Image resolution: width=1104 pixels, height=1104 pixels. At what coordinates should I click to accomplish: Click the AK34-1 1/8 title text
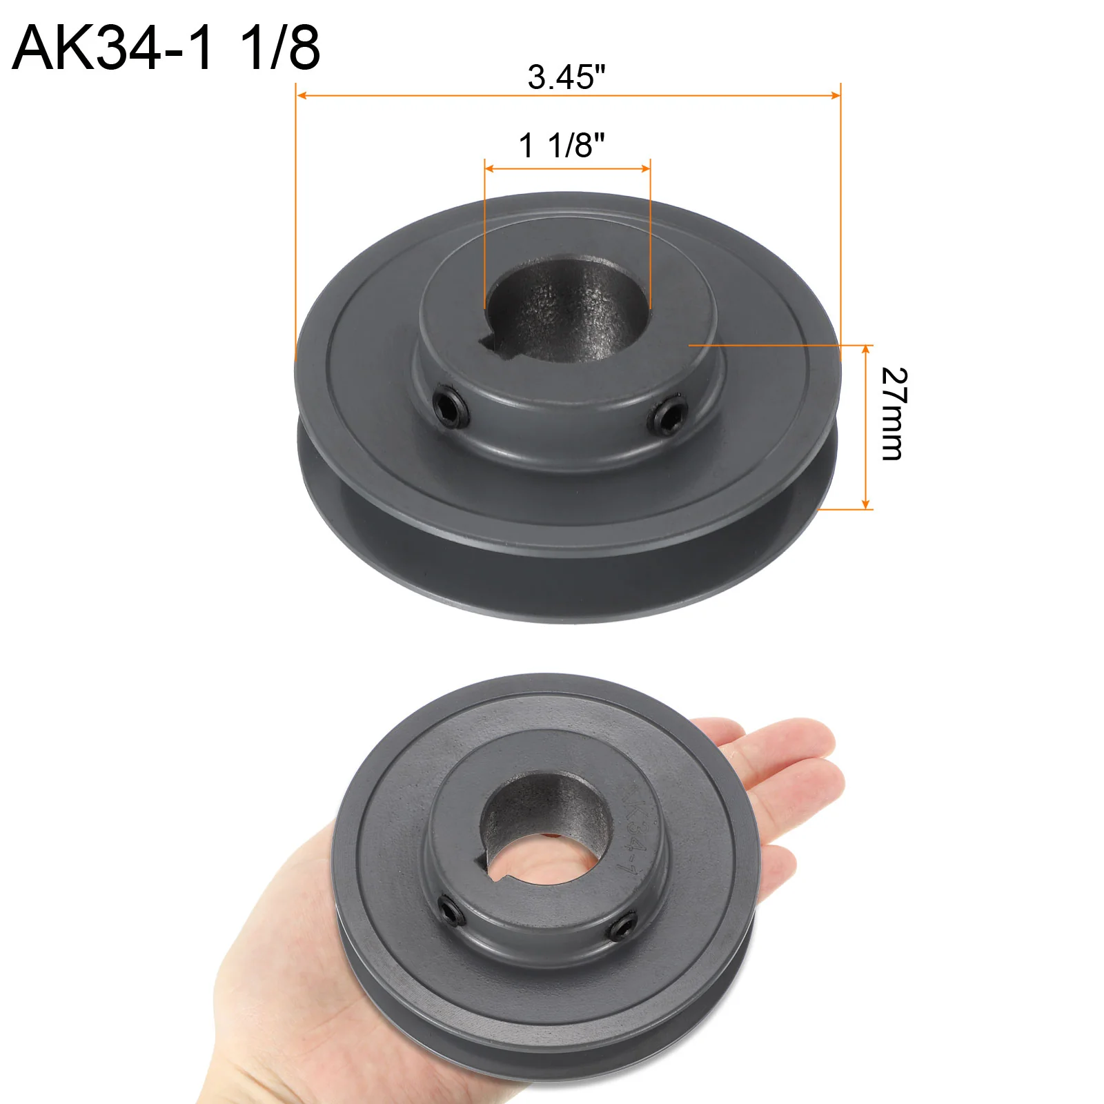166,48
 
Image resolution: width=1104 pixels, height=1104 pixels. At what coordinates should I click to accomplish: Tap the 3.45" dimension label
566,77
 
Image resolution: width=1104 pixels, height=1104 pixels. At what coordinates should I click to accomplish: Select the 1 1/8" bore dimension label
562,146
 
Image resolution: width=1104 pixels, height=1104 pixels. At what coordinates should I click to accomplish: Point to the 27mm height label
894,413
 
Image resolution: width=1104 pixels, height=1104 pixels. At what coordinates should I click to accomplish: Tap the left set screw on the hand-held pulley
453,909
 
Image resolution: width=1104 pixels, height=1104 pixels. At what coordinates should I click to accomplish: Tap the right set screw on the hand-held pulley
624,926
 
